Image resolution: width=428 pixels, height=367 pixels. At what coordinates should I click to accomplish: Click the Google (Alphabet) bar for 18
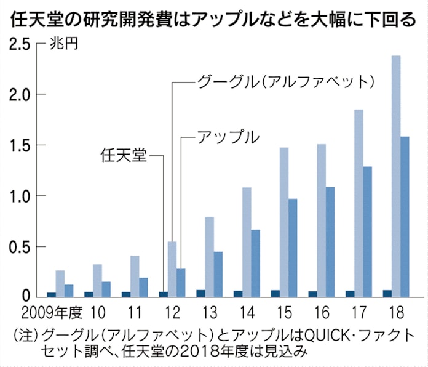(x=396, y=176)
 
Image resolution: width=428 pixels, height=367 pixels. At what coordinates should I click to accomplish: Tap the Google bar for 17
(x=359, y=203)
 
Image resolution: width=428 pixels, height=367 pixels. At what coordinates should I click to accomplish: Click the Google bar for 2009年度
(x=60, y=283)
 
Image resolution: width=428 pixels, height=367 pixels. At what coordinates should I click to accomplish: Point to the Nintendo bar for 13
(x=200, y=293)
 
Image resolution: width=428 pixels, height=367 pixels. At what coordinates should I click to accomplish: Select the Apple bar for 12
(x=181, y=283)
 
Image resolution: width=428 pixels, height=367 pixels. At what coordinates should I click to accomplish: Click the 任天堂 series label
(x=124, y=155)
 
